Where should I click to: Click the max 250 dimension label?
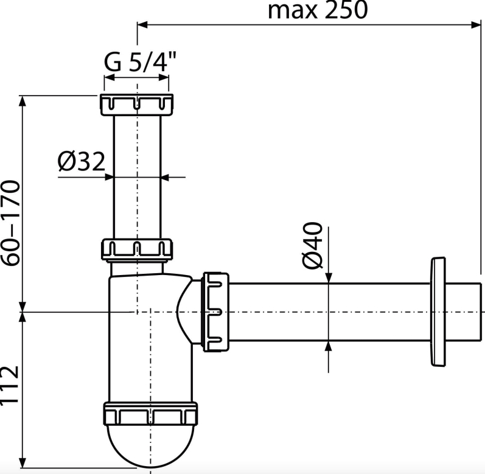(318, 10)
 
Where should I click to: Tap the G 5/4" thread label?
(140, 61)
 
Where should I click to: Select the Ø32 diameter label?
(82, 161)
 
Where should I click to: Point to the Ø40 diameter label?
(312, 245)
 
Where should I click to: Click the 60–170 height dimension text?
(10, 223)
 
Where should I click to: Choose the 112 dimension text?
(10, 385)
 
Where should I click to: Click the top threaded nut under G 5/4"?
(136, 105)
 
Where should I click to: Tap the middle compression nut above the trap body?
(136, 249)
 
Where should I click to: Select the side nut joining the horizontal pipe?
(215, 312)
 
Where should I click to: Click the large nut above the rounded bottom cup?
(150, 414)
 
